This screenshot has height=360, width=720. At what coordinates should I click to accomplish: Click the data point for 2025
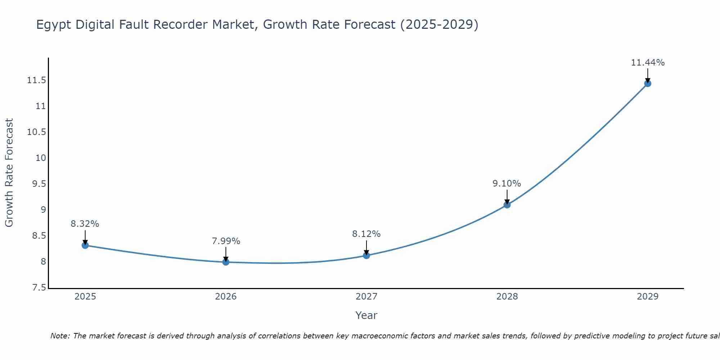click(x=85, y=246)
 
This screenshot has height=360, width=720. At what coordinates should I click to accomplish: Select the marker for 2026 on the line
click(x=226, y=262)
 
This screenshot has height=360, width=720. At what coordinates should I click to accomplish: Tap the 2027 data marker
click(x=366, y=256)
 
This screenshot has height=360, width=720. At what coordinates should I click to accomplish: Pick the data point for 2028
click(x=507, y=205)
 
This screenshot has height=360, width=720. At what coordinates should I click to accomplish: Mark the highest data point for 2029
click(x=648, y=84)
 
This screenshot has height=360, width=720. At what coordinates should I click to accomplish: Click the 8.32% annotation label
click(x=85, y=224)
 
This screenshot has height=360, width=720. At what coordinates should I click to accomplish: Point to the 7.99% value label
click(x=226, y=241)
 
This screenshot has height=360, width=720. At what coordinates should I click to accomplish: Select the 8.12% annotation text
click(x=366, y=234)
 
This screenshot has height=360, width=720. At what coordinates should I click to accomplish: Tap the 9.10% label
click(x=507, y=184)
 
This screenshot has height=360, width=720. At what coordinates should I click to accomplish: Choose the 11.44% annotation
click(x=648, y=63)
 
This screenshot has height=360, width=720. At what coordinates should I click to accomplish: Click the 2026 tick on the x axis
click(x=226, y=297)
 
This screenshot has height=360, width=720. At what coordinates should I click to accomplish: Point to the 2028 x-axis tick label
click(x=507, y=297)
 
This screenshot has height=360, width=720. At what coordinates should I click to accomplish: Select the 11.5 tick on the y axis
click(x=37, y=80)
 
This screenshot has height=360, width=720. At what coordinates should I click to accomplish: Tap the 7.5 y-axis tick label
click(x=39, y=288)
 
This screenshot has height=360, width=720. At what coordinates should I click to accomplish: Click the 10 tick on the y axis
click(x=41, y=158)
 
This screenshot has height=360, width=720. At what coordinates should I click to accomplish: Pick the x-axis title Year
click(x=366, y=315)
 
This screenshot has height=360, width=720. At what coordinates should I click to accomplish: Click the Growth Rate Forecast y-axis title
click(x=9, y=173)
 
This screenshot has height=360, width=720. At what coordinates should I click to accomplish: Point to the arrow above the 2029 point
click(x=648, y=75)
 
